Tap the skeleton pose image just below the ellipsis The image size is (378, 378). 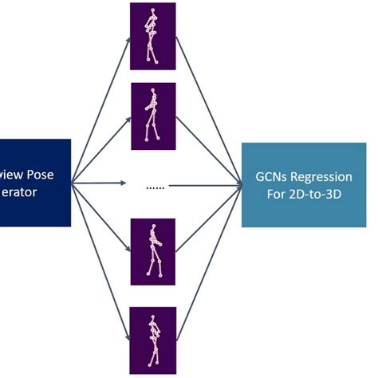coord(152,252)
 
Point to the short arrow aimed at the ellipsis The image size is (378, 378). coord(100,184)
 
